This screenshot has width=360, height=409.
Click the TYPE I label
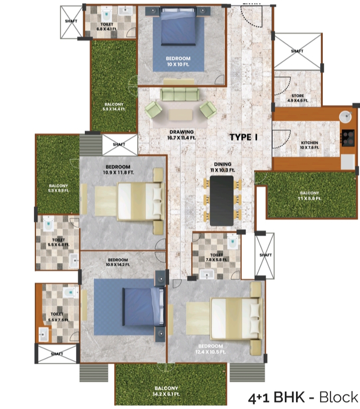[243, 137]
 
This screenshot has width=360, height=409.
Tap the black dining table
[222, 200]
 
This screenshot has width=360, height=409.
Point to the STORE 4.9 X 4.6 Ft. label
[297, 98]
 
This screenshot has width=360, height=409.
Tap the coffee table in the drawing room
[180, 115]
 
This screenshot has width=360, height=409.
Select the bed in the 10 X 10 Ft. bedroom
[179, 28]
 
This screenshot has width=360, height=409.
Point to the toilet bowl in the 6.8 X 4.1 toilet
[106, 15]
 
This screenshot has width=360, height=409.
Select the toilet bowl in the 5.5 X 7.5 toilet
[70, 292]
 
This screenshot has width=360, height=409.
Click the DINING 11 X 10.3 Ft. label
[222, 167]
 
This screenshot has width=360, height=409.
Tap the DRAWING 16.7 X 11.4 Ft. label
[181, 135]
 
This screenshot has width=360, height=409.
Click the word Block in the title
[339, 397]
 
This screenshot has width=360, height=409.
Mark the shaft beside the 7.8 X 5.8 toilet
[265, 255]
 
